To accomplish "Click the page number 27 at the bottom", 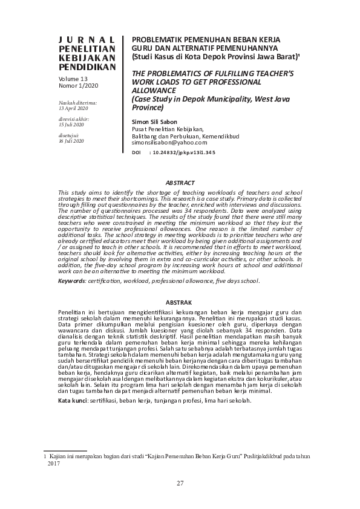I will coord(180,482).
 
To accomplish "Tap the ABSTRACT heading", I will coord(180,183).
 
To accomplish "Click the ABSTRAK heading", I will coord(180,302).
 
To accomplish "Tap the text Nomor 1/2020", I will coord(79,86).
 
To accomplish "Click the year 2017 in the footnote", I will coord(53,464).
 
